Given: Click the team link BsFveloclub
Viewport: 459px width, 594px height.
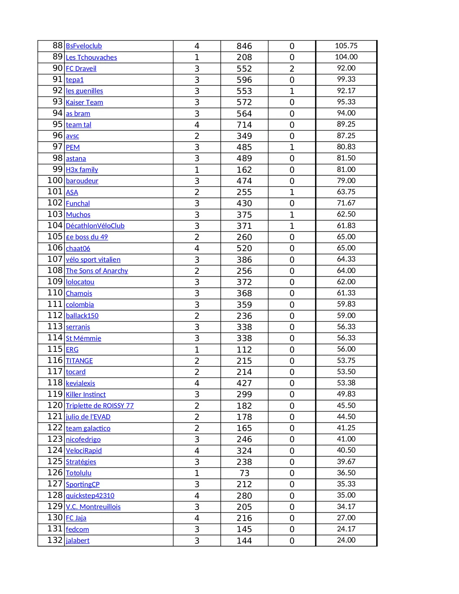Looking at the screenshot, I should pyautogui.click(x=84, y=46).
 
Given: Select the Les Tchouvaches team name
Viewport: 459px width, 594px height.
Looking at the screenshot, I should pyautogui.click(x=91, y=57).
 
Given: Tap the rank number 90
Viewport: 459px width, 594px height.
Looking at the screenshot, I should pyautogui.click(x=58, y=68).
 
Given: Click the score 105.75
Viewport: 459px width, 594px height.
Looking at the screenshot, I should pyautogui.click(x=346, y=46).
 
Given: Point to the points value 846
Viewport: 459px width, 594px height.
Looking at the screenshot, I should pyautogui.click(x=244, y=46).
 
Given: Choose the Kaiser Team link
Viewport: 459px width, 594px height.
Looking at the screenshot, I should pyautogui.click(x=84, y=102).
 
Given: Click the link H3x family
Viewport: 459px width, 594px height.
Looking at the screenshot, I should pyautogui.click(x=82, y=169).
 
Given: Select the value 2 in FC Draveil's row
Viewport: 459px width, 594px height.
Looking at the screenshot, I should pyautogui.click(x=292, y=68).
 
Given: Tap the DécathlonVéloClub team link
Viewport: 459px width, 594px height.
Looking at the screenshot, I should pyautogui.click(x=95, y=226).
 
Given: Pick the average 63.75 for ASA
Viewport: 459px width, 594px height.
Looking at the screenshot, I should pyautogui.click(x=346, y=192).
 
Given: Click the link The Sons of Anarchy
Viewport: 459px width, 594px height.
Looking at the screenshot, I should pyautogui.click(x=97, y=271).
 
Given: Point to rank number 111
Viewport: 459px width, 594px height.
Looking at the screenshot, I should pyautogui.click(x=55, y=304).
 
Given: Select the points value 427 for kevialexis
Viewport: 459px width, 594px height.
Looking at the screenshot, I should pyautogui.click(x=244, y=383).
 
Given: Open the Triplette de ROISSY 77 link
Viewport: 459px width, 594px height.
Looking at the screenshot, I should pyautogui.click(x=100, y=405).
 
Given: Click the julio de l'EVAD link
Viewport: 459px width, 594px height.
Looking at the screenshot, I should pyautogui.click(x=88, y=417).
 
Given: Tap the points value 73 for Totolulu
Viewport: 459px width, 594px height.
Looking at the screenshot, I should pyautogui.click(x=244, y=473).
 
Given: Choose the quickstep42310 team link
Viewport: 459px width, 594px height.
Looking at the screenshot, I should pyautogui.click(x=90, y=495).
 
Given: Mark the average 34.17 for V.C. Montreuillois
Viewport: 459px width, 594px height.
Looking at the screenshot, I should pyautogui.click(x=346, y=507).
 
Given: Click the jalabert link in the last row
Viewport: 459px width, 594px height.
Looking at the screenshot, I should pyautogui.click(x=77, y=540).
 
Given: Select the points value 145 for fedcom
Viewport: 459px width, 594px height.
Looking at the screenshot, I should pyautogui.click(x=244, y=529).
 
